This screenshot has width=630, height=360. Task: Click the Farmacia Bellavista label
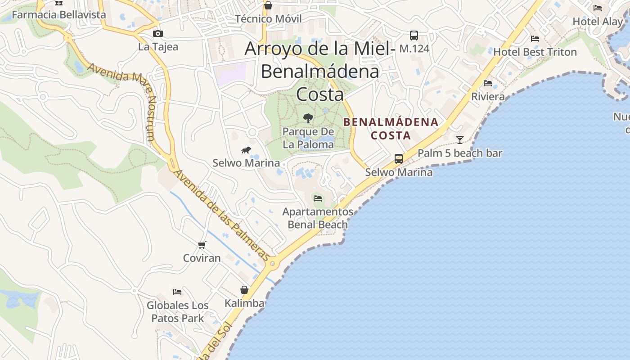(x=58, y=14)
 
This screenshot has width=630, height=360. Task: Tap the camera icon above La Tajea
(x=157, y=33)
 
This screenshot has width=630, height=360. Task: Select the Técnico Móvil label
(x=268, y=19)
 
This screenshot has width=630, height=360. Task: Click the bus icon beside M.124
(x=414, y=35)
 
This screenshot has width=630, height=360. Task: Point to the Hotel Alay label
(x=598, y=21)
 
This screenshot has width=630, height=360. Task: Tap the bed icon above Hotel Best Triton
(x=535, y=39)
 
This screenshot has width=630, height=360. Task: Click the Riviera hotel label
(x=488, y=96)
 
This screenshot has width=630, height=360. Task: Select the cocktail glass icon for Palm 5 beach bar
(x=459, y=140)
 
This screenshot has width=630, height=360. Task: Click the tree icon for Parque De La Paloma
(x=308, y=118)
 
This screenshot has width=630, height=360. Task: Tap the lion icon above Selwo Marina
(x=246, y=150)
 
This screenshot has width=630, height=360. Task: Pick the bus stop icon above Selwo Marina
(x=399, y=158)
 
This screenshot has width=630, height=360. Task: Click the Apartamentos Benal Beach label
(x=318, y=218)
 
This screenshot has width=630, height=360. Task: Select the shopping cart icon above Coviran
(x=202, y=245)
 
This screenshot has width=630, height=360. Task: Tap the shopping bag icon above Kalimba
(x=244, y=290)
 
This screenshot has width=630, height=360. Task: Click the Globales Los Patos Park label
(x=177, y=311)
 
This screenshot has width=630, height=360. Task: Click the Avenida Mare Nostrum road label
(x=122, y=102)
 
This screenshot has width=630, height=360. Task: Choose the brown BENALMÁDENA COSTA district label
(x=391, y=128)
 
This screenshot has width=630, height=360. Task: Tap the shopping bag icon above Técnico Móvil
(x=268, y=5)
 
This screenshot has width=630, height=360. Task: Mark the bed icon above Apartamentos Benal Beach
(x=318, y=198)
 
